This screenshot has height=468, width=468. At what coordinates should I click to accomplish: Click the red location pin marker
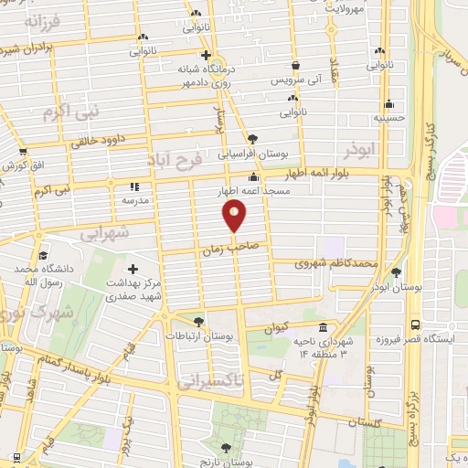tap(235, 217)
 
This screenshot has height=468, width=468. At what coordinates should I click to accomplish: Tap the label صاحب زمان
tap(220, 248)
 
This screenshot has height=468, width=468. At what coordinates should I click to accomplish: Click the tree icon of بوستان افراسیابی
tap(253, 140)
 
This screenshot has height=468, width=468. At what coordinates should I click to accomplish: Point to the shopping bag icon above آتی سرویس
tap(297, 66)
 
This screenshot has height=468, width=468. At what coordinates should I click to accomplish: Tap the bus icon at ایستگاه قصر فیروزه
tap(416, 324)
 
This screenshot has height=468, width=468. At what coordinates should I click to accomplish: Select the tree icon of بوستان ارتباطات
tap(199, 321)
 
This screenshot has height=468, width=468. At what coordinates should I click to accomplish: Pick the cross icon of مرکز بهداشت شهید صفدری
tap(134, 269)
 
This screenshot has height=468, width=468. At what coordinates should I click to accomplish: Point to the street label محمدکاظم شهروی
tap(336, 263)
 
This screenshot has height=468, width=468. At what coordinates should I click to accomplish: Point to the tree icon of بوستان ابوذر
tap(395, 271)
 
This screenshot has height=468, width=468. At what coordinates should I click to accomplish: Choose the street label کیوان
tap(276, 325)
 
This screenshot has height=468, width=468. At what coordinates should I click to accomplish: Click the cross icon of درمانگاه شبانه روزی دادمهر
tap(180, 55)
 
